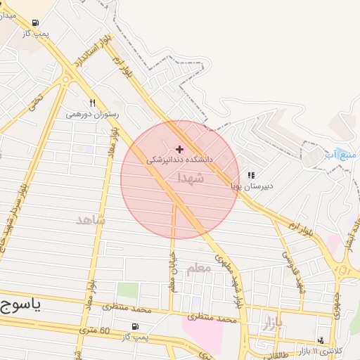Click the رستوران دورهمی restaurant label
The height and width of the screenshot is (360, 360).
pos(93,113)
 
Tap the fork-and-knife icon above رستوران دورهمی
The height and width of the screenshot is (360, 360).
pos(93,103)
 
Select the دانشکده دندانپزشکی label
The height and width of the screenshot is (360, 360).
pos(179,160)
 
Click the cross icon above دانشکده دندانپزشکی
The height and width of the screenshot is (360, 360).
pos(179,149)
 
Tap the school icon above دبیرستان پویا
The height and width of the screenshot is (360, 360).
pos(252,176)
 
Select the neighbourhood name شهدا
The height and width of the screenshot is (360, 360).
pos(191,179)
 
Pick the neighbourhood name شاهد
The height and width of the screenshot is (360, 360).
pos(91,220)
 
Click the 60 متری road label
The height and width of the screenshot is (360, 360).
pos(95,330)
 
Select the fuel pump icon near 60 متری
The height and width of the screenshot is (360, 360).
pos(134,326)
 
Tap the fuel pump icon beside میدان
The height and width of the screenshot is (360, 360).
pos(35,22)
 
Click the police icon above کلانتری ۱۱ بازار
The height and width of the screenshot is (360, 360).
pos(321,340)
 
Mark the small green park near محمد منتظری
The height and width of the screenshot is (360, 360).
pos(127,290)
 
